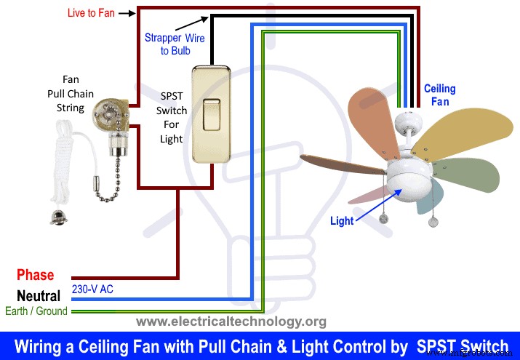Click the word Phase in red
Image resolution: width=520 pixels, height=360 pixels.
point(36,275)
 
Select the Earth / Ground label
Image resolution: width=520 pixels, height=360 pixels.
point(36,311)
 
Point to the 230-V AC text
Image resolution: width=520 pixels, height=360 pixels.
point(92,289)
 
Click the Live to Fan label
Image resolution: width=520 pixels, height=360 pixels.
point(90,13)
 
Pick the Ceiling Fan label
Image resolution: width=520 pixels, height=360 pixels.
point(439,95)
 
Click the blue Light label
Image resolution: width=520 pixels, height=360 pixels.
point(343,220)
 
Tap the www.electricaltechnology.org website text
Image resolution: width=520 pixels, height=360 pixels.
point(231,321)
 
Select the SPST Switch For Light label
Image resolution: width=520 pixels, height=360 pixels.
point(172,117)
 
